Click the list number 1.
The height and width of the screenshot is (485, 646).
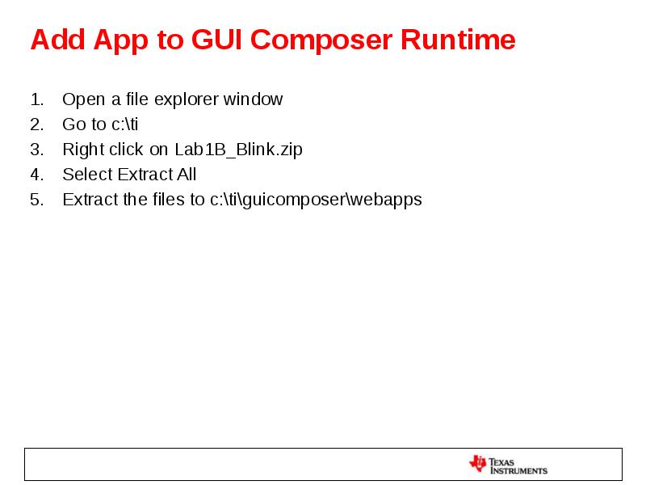coord(36,99)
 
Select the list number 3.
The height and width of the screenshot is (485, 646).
coord(36,150)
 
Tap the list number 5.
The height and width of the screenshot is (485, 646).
coord(36,200)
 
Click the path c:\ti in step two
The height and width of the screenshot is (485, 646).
coord(125,124)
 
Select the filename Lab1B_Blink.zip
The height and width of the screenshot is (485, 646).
coord(238,150)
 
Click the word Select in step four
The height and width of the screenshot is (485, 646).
coord(87,175)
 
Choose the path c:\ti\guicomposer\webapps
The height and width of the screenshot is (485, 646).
coord(316,200)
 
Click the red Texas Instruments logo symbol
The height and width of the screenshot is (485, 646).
coord(477,464)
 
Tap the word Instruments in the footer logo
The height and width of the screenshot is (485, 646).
coord(518,470)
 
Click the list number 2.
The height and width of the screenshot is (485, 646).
coord(36,124)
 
